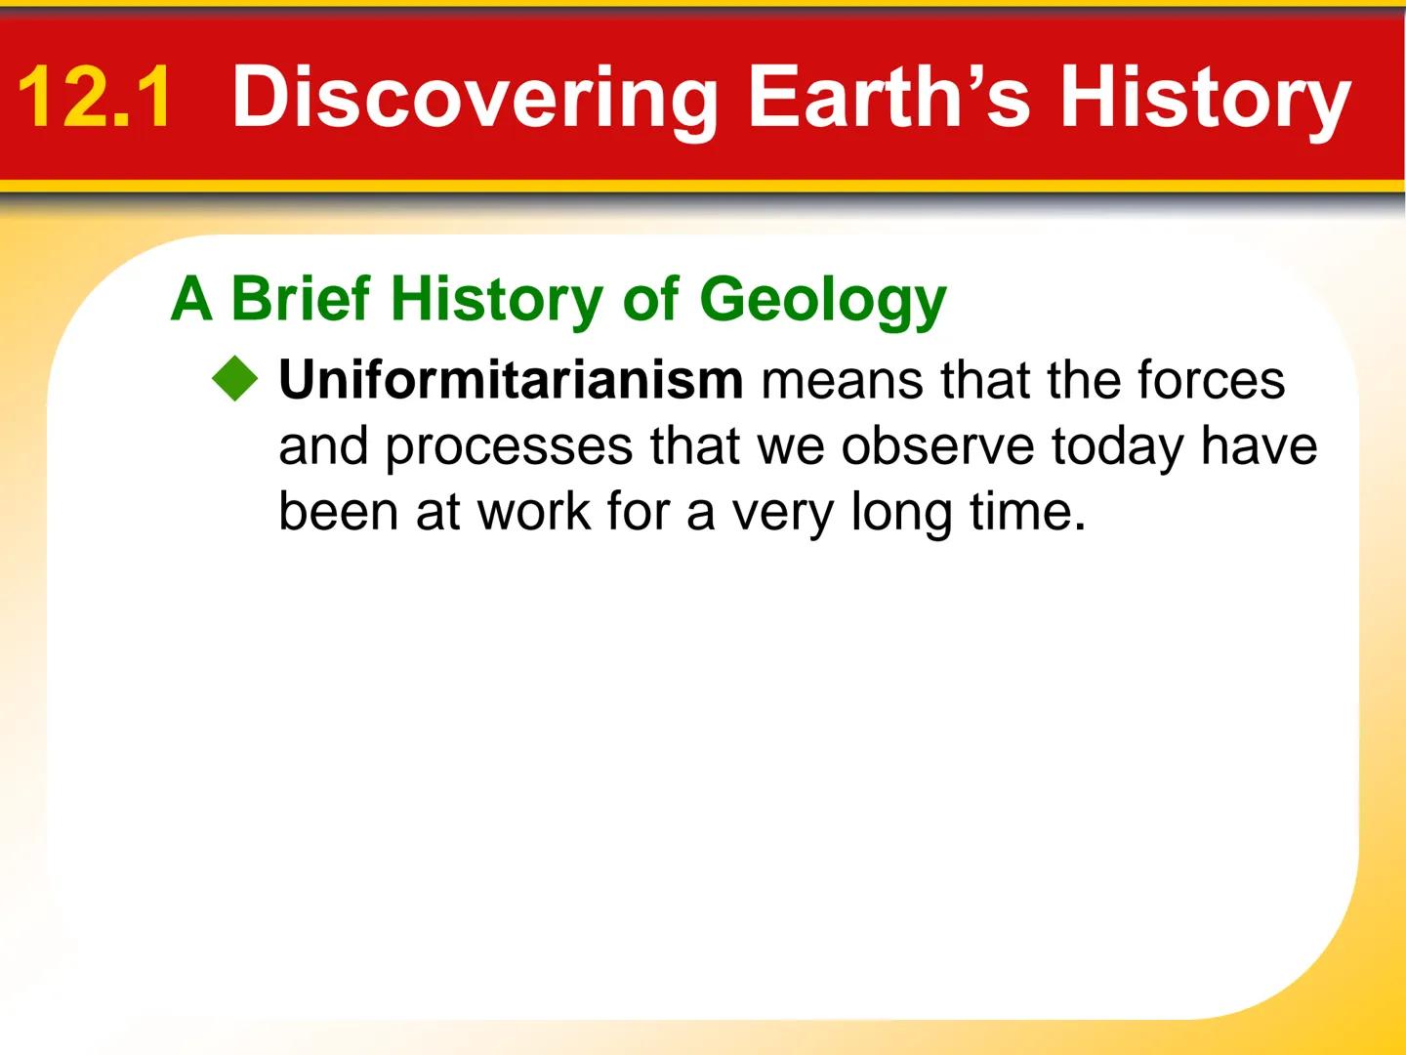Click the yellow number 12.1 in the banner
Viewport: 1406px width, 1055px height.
pos(95,98)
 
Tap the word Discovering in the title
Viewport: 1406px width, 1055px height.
pos(476,98)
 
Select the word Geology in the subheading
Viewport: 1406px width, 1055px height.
pos(822,300)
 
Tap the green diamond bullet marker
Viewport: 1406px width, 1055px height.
pos(235,379)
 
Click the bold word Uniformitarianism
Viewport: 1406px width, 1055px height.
pos(511,380)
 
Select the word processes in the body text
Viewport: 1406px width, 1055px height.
pos(509,447)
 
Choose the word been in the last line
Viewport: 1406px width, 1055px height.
pos(339,511)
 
